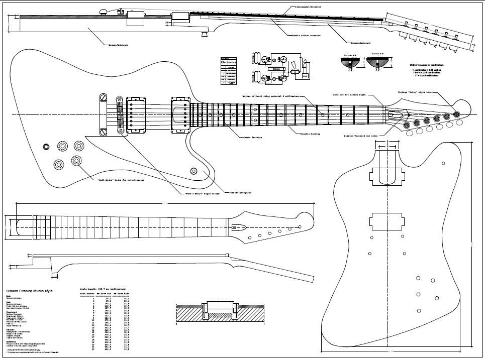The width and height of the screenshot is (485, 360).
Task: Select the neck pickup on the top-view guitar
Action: [x=180, y=115]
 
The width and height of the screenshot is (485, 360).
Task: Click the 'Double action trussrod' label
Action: [x=307, y=36]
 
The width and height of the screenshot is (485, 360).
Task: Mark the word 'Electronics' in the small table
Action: [x=228, y=62]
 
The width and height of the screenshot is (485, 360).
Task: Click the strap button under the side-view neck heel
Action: [x=205, y=35]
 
